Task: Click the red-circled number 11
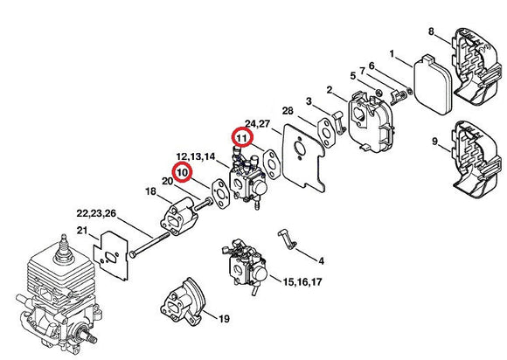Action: click(x=240, y=137)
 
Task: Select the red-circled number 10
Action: click(x=182, y=173)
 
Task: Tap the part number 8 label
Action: click(x=431, y=32)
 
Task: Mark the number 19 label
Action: click(x=224, y=318)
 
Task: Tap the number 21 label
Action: click(x=82, y=231)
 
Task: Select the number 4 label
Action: click(x=321, y=260)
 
